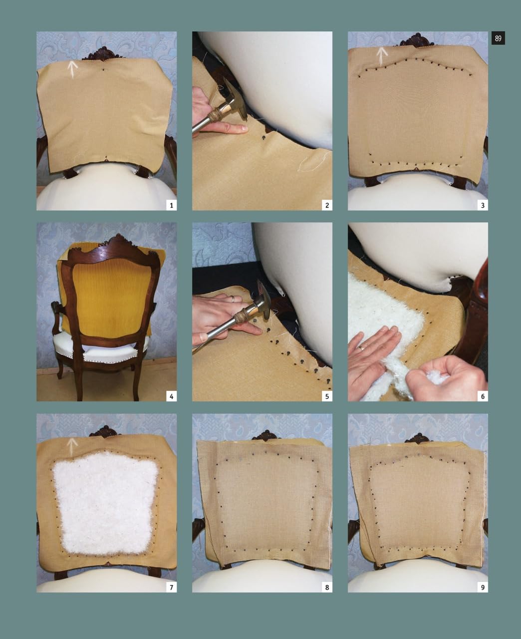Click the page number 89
(498, 38)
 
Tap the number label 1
(172, 205)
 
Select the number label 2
(327, 205)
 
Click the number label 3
(483, 205)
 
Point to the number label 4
(172, 396)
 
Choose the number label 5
(327, 396)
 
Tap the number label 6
(483, 396)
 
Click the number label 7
(172, 587)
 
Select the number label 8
(327, 587)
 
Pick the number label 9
(483, 587)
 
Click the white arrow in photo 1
(73, 69)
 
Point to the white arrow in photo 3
(383, 57)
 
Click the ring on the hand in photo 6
(362, 348)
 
